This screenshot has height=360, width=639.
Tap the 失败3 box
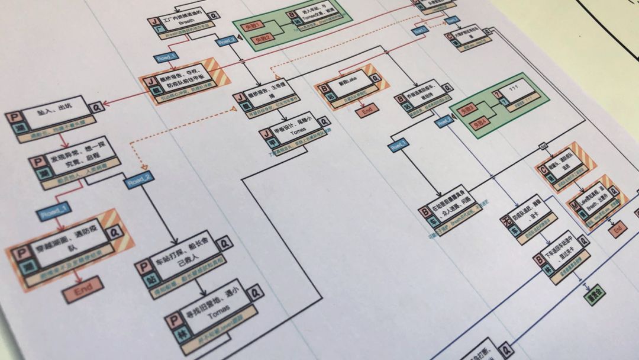467,110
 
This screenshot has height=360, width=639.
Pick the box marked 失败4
479,123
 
